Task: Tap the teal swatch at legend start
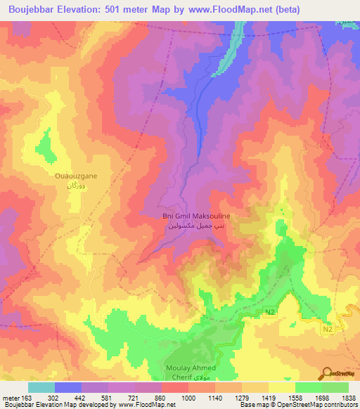pyautogui.click(x=41, y=387)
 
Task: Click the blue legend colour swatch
pyautogui.click(x=68, y=387)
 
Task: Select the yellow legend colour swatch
pyautogui.click(x=281, y=387)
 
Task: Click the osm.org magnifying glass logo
pyautogui.click(x=328, y=374)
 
